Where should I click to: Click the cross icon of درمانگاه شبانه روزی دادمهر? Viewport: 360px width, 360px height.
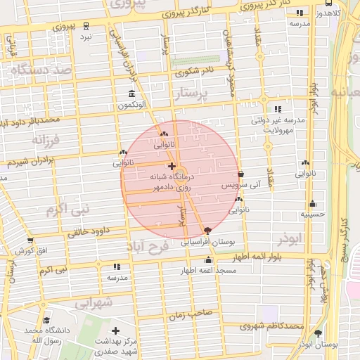click(172, 167)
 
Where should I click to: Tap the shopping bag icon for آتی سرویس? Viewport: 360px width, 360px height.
click(241, 174)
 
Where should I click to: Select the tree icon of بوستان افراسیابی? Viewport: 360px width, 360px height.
click(207, 231)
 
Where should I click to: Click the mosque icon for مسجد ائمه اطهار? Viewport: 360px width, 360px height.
click(207, 261)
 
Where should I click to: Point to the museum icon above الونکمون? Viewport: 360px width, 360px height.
click(131, 94)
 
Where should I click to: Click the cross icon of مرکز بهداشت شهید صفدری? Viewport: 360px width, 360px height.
click(115, 330)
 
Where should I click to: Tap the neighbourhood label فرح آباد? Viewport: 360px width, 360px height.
click(149, 247)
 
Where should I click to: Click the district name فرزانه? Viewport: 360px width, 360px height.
click(47, 139)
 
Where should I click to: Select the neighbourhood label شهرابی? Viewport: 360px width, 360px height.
click(94, 303)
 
